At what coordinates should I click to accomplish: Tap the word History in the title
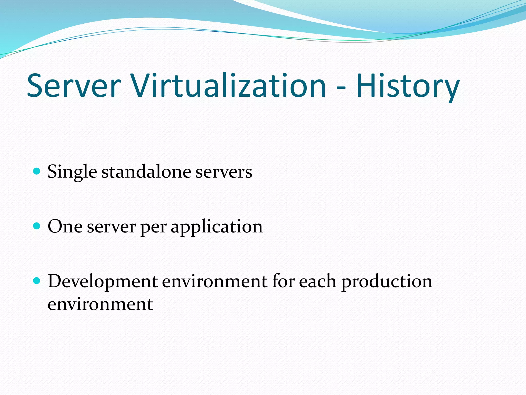point(408,86)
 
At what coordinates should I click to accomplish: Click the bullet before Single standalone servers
point(37,171)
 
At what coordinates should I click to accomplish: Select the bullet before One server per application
point(37,226)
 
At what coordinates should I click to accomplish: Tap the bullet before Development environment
point(37,281)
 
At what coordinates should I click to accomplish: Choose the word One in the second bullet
point(65,226)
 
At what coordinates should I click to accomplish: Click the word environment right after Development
point(215,281)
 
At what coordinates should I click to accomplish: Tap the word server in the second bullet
point(111,227)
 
